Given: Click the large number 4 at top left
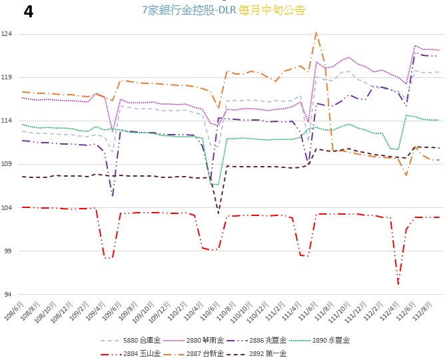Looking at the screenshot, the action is (x=28, y=12).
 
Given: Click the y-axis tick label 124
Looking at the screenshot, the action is (x=7, y=34).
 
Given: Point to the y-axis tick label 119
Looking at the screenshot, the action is (x=7, y=77).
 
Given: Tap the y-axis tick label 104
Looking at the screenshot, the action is (x=7, y=207).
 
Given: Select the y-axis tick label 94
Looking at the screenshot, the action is (x=8, y=294).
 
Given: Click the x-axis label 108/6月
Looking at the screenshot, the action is (x=15, y=310).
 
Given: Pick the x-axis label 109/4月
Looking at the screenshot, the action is (x=96, y=310).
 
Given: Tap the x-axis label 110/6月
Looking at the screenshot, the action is (x=210, y=310).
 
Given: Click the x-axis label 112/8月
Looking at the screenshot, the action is (x=422, y=310).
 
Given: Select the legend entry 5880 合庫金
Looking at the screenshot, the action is (x=131, y=340).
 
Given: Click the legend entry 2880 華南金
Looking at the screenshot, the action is (x=194, y=340).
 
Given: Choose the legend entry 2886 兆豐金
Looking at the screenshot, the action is (x=256, y=340).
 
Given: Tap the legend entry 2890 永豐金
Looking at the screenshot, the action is (x=320, y=340).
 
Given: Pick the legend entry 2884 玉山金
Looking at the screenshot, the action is (x=131, y=354).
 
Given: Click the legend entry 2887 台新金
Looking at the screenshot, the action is (x=194, y=354).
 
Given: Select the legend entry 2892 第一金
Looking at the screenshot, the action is (x=256, y=354).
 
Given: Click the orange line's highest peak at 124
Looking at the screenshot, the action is (x=316, y=32).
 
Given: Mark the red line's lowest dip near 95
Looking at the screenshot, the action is (x=398, y=284).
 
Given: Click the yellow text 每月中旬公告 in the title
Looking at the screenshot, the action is (x=272, y=10).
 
